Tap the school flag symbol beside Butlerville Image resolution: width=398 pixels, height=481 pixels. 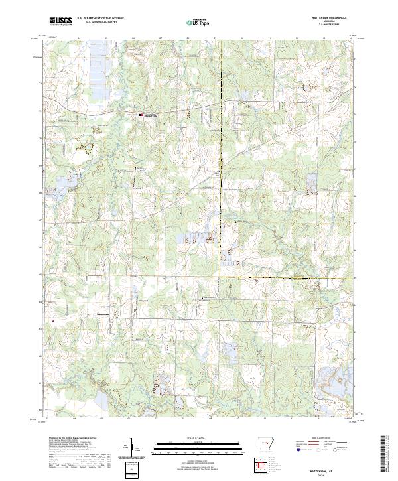[141, 115]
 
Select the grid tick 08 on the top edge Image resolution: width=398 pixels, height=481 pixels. [188, 38]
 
